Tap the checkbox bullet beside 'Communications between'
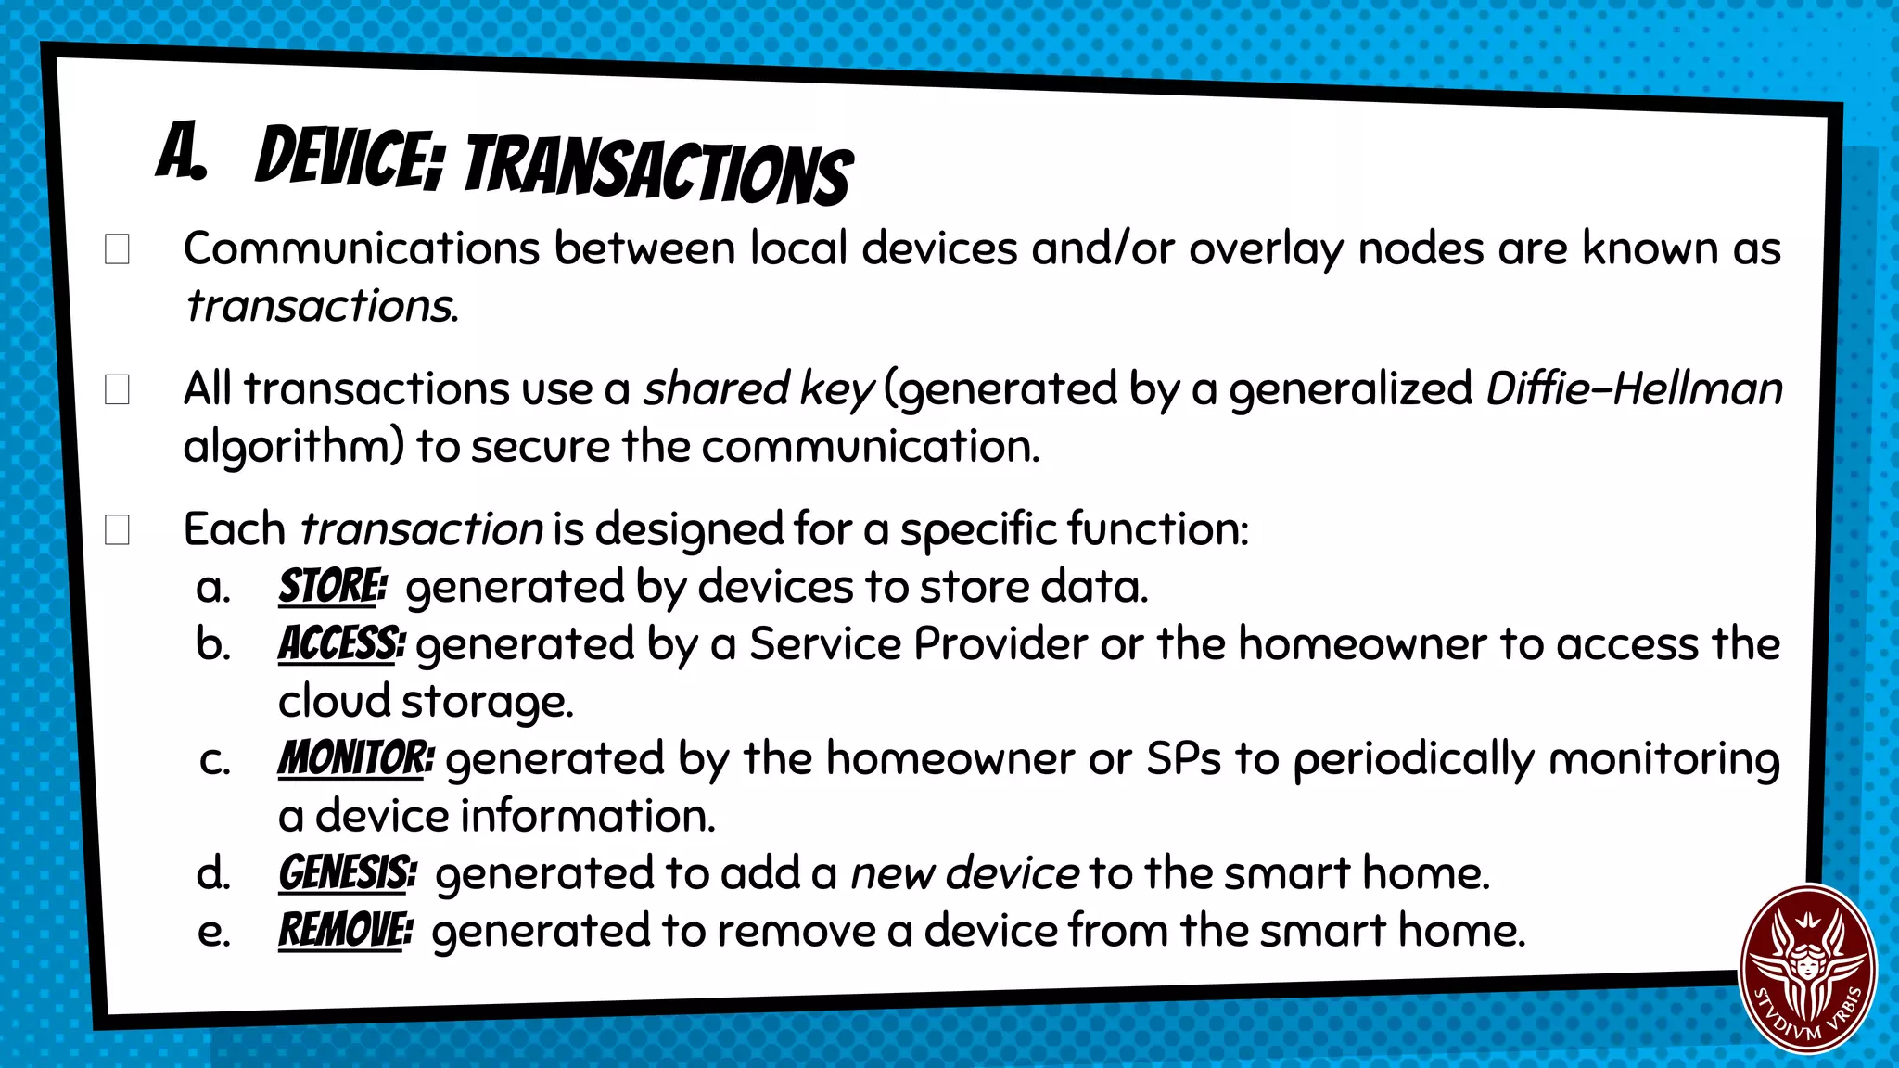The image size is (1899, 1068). tap(117, 249)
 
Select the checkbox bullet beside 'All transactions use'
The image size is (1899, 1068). tap(117, 389)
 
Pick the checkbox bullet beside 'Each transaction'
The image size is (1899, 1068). tap(117, 530)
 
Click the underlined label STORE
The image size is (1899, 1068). tap(330, 587)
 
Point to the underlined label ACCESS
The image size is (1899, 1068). tap(339, 644)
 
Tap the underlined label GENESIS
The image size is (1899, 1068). tap(346, 873)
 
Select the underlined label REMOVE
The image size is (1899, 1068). tap(344, 931)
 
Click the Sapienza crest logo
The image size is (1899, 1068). tap(1807, 969)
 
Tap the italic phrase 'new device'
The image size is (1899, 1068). tap(964, 873)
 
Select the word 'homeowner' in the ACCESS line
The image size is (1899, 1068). tap(1362, 644)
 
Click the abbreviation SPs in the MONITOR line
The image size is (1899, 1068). tap(1183, 758)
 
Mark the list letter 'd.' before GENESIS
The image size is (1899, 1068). tap(213, 874)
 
